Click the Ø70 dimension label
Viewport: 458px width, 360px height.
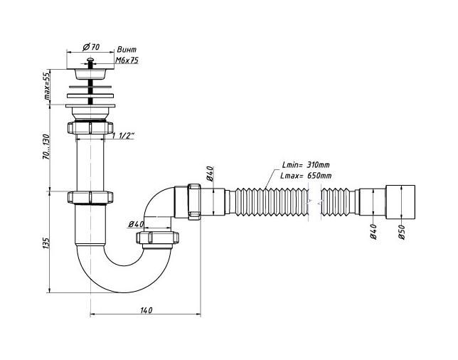(91, 47)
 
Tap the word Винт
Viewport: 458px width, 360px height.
(127, 50)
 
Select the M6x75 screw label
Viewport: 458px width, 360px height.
(127, 60)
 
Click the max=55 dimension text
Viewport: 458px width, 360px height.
(47, 86)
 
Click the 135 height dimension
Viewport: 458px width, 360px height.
(46, 243)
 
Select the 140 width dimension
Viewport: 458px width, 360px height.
(146, 310)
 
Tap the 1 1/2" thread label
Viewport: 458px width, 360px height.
(124, 135)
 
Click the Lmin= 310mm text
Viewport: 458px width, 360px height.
(306, 165)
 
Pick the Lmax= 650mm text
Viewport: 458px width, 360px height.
(306, 176)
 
